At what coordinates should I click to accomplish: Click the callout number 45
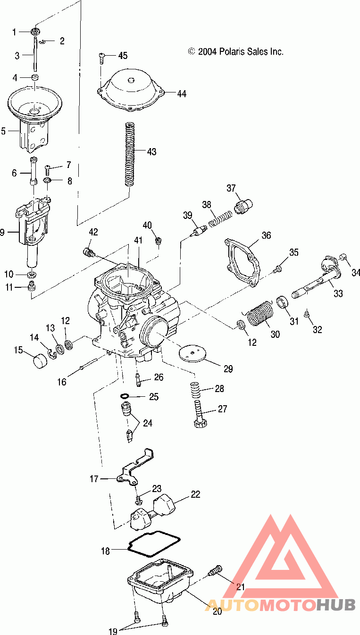pos(123,56)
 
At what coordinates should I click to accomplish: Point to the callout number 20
pos(218,611)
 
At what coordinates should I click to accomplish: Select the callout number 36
pos(267,235)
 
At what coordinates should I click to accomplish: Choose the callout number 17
pos(94,479)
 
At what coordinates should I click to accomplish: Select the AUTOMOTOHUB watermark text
pos(280,605)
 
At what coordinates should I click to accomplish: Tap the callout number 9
pos(1,232)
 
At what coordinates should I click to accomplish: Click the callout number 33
pos(338,293)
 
